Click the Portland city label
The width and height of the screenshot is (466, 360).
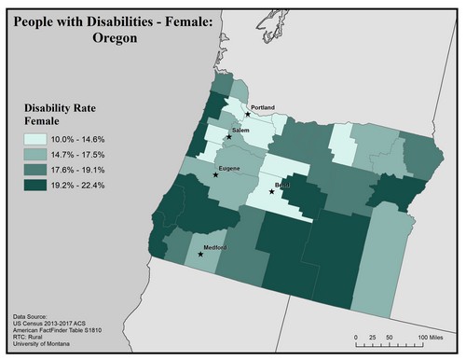263,108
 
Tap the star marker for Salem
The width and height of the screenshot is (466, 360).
228,137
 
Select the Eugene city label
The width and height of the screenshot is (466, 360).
229,168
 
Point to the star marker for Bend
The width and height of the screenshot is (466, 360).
271,192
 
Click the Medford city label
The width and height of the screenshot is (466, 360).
216,247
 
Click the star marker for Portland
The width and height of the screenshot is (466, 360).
248,114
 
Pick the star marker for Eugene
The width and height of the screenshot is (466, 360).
216,174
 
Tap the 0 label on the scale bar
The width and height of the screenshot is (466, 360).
356,335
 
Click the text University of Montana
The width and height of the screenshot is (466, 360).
47,348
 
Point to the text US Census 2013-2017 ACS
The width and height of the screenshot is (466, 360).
54,325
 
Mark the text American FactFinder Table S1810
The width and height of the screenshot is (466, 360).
63,333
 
